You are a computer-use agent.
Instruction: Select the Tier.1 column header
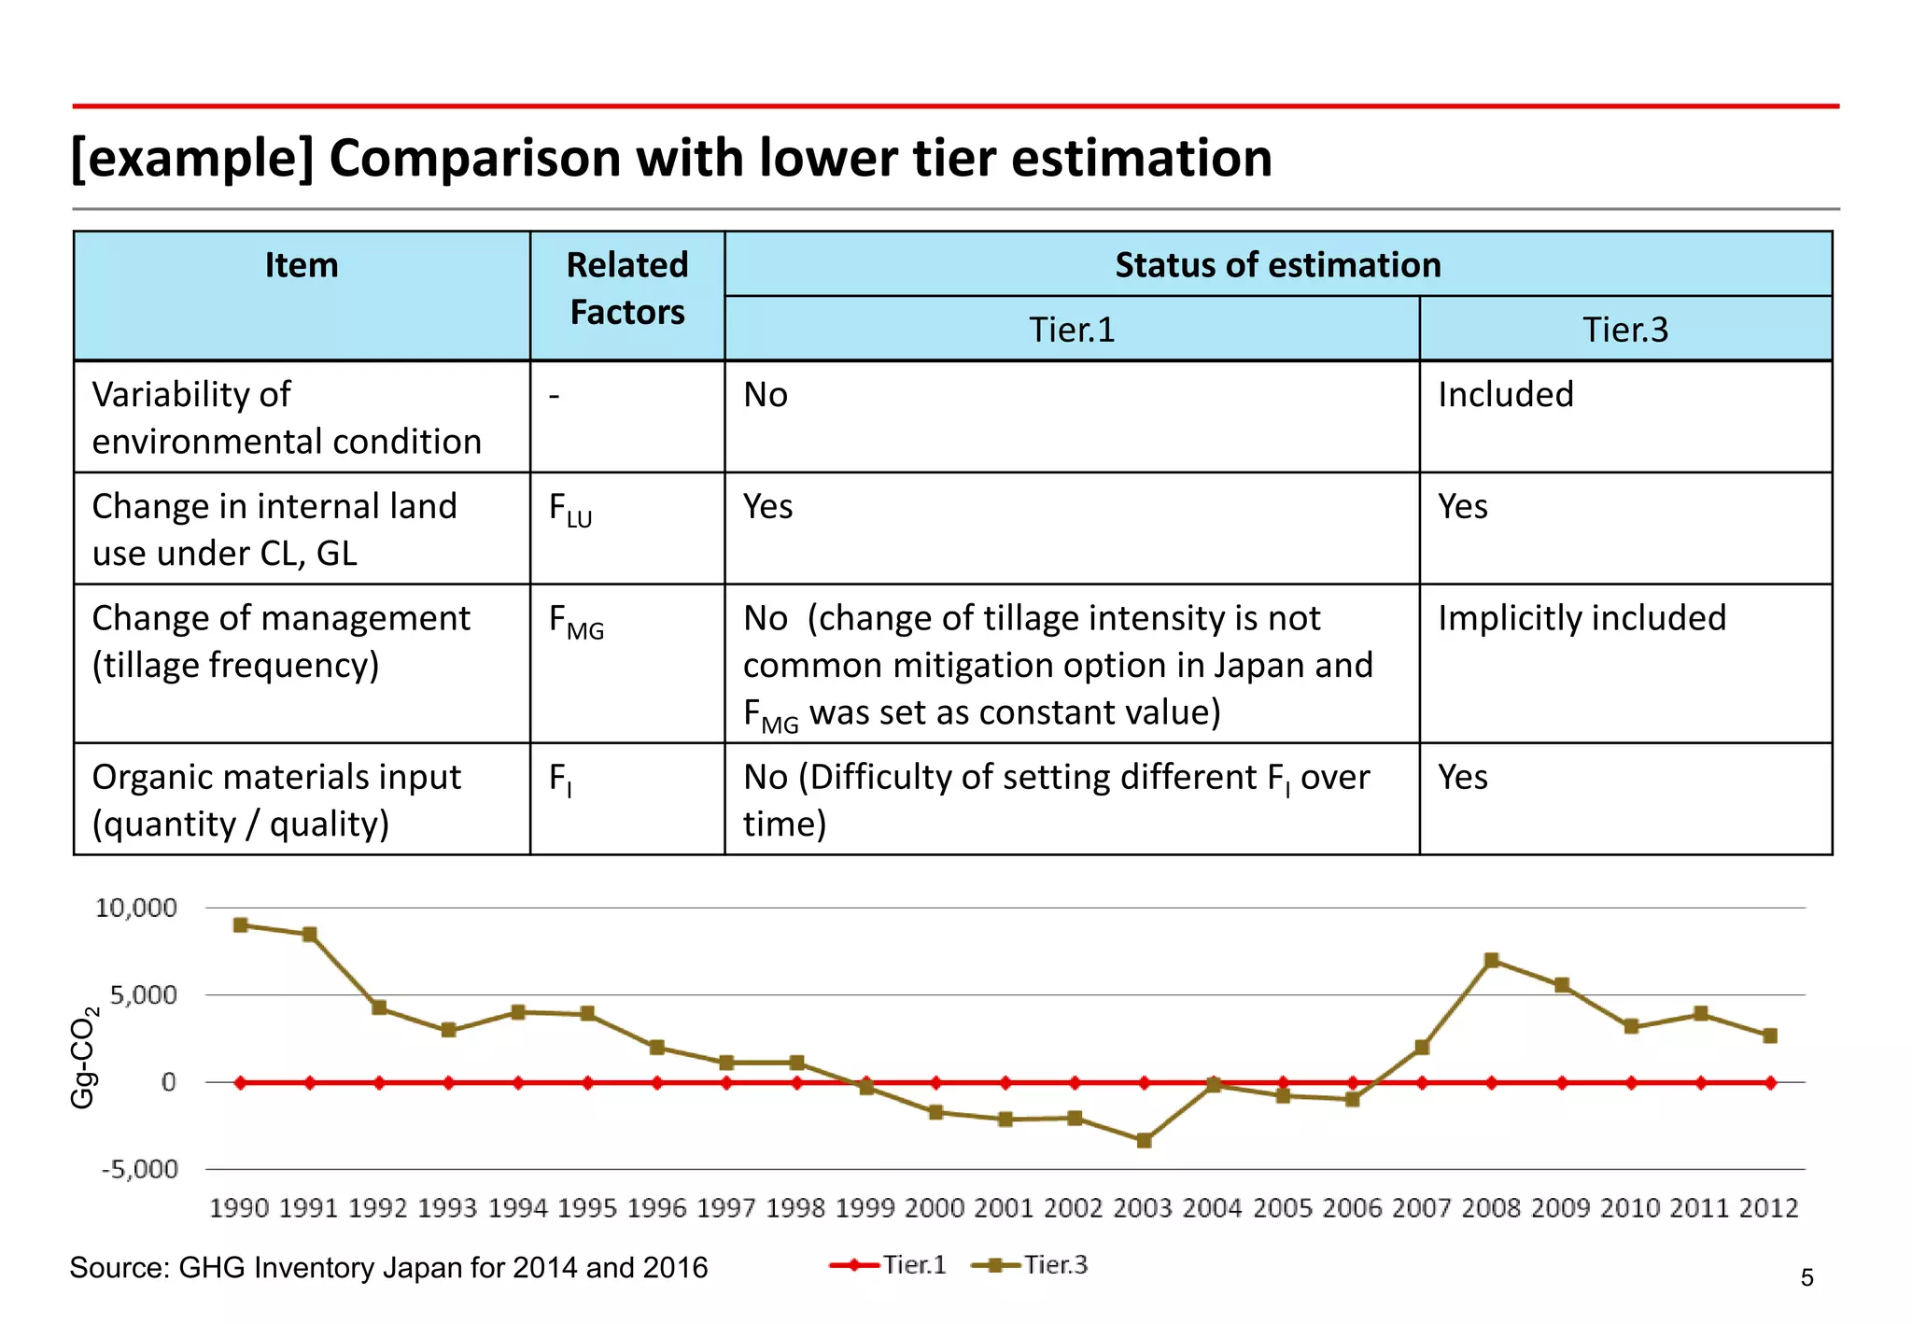pyautogui.click(x=1071, y=330)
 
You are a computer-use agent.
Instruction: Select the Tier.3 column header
pyautogui.click(x=1624, y=330)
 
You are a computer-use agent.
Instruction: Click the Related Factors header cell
pyautogui.click(x=627, y=289)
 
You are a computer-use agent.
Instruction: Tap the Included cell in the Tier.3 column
pyautogui.click(x=1505, y=395)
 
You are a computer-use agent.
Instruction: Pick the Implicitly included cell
pyautogui.click(x=1582, y=618)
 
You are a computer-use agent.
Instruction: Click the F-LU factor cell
pyautogui.click(x=569, y=511)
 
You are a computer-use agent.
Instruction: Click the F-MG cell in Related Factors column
pyautogui.click(x=575, y=622)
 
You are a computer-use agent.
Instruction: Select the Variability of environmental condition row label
pyautogui.click(x=286, y=417)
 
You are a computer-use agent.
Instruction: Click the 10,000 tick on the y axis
pyautogui.click(x=136, y=908)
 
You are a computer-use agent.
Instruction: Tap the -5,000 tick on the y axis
pyautogui.click(x=140, y=1169)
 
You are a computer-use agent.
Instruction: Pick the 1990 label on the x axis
pyautogui.click(x=239, y=1208)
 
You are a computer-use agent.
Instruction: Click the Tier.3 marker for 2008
pyautogui.click(x=1492, y=960)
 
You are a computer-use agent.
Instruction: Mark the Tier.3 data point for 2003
pyautogui.click(x=1145, y=1140)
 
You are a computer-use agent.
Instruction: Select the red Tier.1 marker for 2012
pyautogui.click(x=1770, y=1083)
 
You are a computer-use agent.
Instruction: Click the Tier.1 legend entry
pyautogui.click(x=888, y=1265)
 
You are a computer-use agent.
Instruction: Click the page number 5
pyautogui.click(x=1807, y=1277)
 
